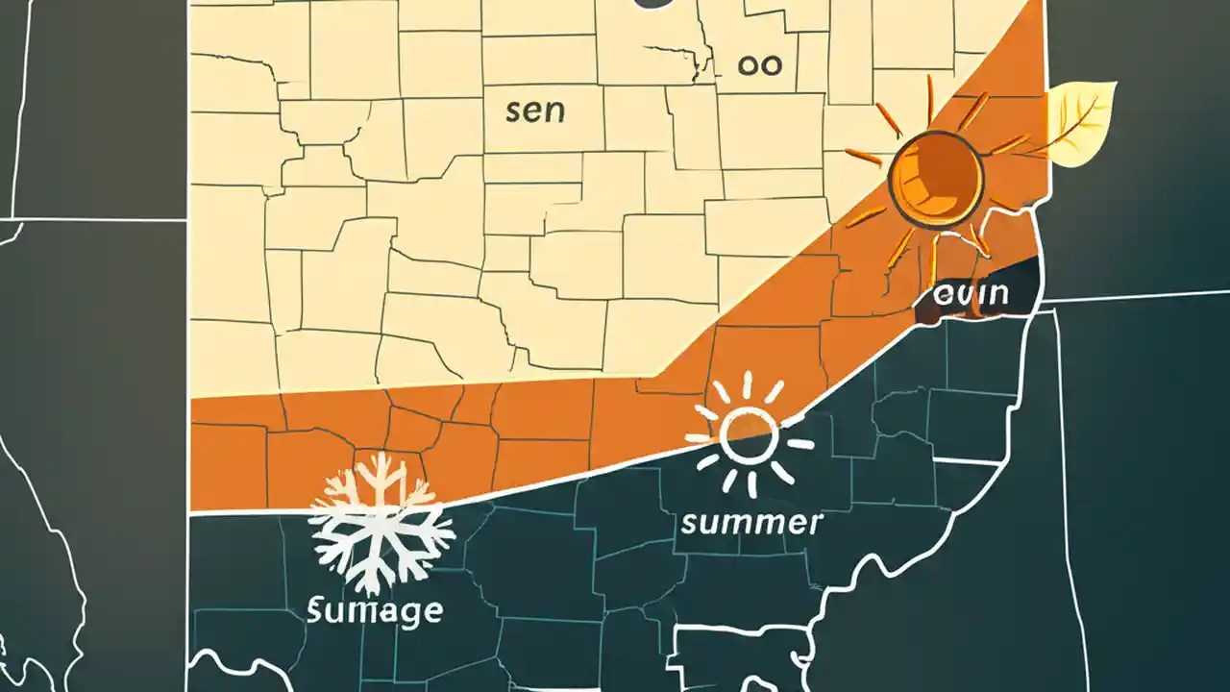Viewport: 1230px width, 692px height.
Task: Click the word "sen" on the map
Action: point(535,111)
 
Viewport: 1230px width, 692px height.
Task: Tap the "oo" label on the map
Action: point(759,65)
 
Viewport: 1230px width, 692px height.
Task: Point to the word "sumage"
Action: point(375,609)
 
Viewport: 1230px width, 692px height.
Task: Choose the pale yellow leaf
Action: point(1081,123)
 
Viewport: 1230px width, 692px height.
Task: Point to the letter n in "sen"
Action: point(554,111)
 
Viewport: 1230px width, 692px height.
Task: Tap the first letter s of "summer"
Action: point(688,525)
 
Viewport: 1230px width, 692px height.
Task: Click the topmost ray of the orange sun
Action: point(930,97)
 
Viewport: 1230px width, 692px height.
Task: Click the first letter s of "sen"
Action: point(514,111)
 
